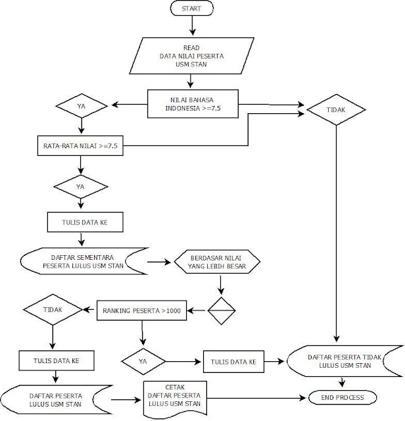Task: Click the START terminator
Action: pos(191,9)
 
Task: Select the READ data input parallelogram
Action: pos(191,57)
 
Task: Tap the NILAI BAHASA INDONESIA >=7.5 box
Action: pos(191,104)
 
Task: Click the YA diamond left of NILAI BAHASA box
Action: pos(81,104)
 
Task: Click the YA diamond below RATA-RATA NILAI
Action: pos(80,187)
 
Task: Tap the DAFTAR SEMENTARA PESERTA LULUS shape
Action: pos(80,262)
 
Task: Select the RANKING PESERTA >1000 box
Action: pos(142,310)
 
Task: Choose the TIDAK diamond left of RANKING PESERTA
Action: pos(53,308)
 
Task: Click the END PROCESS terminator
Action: pos(343,397)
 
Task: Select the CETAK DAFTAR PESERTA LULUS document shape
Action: pos(174,397)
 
